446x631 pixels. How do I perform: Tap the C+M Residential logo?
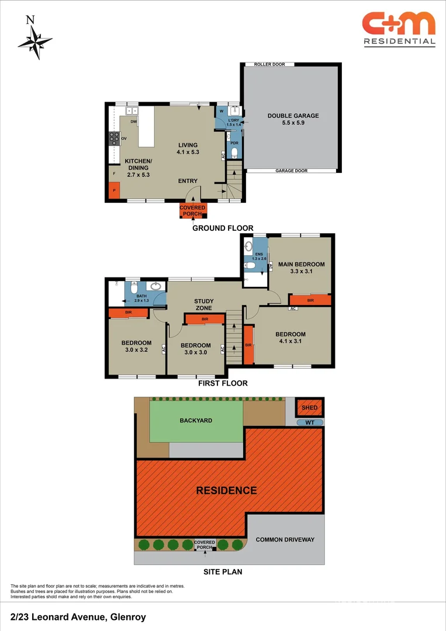(399, 29)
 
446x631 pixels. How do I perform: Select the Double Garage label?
(293, 119)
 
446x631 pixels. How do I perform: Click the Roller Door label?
(269, 64)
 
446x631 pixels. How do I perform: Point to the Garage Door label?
(292, 171)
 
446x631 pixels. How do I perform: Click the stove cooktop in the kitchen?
(115, 138)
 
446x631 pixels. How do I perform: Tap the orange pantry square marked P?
(115, 190)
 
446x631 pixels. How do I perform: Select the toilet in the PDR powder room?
(234, 152)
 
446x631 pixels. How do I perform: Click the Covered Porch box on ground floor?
(192, 210)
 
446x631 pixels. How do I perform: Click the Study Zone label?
(203, 304)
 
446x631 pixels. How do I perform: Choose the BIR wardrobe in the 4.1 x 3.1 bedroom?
(248, 345)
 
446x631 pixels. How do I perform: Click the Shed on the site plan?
(310, 408)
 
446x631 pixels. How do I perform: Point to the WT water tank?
(310, 422)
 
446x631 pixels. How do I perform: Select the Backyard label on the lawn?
(196, 420)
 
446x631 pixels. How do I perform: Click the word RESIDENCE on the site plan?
(227, 490)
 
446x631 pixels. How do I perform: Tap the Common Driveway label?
(285, 539)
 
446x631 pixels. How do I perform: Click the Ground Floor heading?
(223, 228)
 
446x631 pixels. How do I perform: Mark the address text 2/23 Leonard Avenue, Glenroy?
(78, 617)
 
